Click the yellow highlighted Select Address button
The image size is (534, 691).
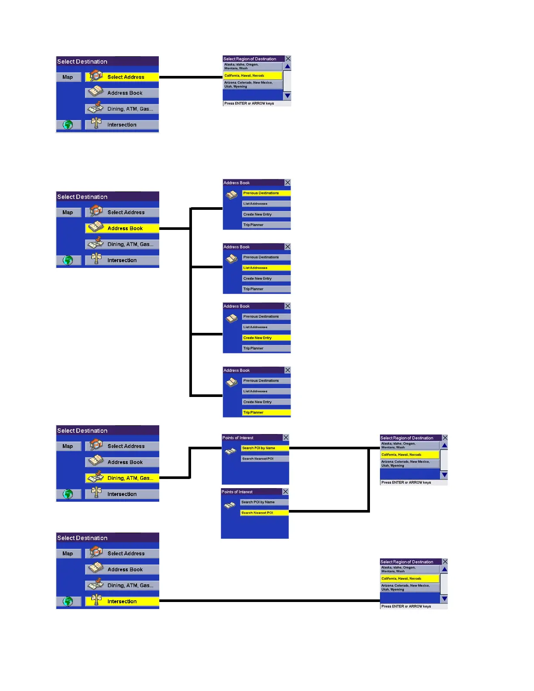coord(126,77)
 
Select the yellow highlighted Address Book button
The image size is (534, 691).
coord(125,228)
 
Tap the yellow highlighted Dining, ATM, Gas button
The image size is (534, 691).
coord(130,478)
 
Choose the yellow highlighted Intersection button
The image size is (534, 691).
coord(122,601)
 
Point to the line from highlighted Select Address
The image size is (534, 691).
coord(191,77)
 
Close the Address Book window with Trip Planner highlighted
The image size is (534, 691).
coord(288,370)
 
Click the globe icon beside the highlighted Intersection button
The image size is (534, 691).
coord(68,601)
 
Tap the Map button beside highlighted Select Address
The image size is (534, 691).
coord(68,77)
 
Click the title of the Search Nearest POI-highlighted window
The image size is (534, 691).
coord(237,492)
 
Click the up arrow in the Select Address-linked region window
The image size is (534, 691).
coord(288,66)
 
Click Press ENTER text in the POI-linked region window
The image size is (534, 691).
coord(406,482)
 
